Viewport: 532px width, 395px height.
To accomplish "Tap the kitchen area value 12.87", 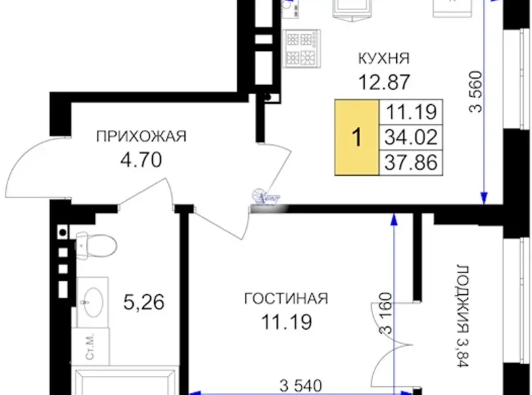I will point(384,82).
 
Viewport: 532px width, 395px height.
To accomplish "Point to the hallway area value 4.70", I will point(143,163).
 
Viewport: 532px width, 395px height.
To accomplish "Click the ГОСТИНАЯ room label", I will point(286,298).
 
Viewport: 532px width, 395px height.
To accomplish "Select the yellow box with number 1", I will point(355,137).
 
